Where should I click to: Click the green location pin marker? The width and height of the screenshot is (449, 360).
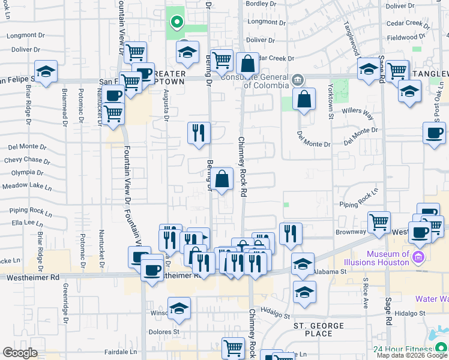[176, 23]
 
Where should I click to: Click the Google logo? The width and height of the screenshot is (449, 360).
[20, 353]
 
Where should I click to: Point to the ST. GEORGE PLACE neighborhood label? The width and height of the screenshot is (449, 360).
[318, 329]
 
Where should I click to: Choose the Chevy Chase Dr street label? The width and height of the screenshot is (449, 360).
[23, 160]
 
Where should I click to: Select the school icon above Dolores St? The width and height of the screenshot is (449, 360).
[179, 309]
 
